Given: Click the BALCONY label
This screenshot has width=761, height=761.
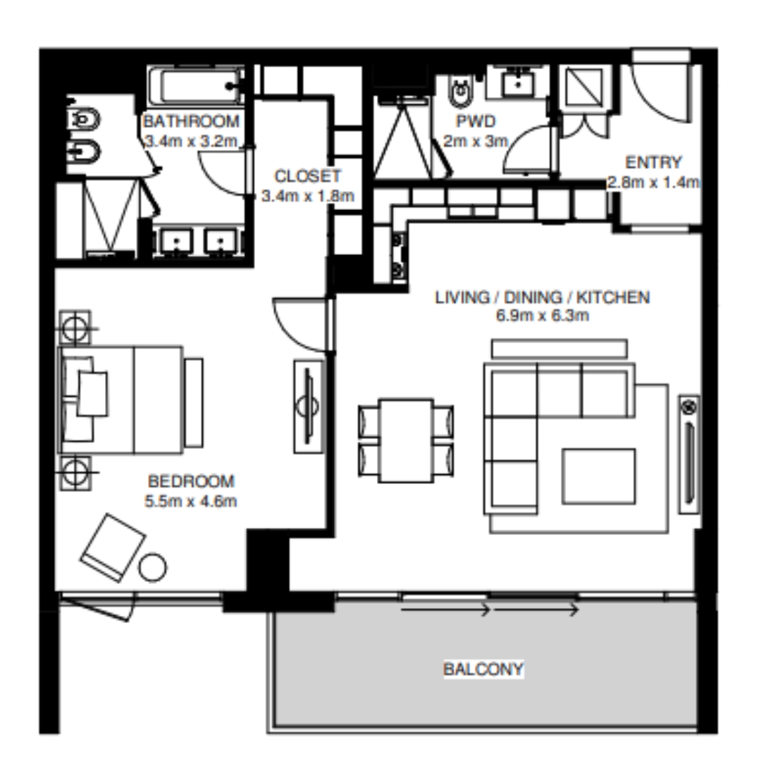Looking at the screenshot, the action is click(483, 669).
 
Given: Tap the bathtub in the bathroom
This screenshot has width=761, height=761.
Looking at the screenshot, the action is click(196, 86).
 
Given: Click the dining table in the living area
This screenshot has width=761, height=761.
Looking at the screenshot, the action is click(406, 440).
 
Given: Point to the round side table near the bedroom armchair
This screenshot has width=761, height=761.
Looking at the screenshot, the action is click(152, 567).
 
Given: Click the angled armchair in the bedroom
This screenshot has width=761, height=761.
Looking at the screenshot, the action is click(113, 547).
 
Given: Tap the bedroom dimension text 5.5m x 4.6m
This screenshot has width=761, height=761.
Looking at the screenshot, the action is click(191, 501).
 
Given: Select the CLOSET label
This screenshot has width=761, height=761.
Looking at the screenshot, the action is click(308, 176).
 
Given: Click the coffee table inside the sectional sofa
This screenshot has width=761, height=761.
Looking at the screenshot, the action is click(599, 476).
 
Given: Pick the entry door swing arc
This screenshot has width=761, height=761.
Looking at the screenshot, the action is click(650, 104).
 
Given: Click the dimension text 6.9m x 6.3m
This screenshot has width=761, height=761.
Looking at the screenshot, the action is click(542, 316).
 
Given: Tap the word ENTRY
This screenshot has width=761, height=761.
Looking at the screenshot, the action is click(653, 162).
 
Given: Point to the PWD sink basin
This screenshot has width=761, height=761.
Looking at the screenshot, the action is click(518, 84).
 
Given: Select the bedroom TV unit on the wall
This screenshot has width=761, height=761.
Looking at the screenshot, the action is click(308, 407).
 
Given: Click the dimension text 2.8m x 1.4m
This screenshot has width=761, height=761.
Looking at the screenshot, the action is click(653, 182).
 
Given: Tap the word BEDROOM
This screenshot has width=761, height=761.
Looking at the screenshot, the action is click(191, 481).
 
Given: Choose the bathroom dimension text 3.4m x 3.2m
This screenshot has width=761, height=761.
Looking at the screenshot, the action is click(192, 141).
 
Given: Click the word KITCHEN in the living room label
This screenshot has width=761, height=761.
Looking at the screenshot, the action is click(613, 297).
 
